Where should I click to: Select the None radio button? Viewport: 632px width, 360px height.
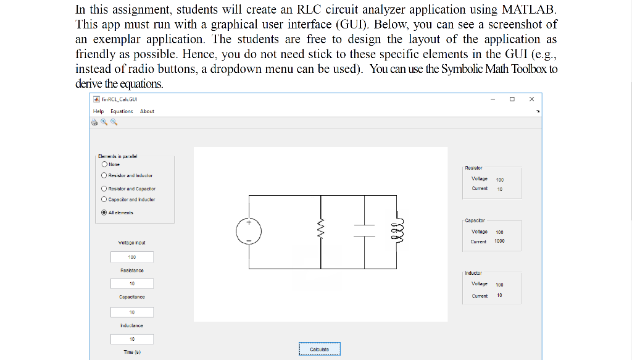point(104,165)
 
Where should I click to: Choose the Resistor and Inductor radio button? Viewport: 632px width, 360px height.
point(104,176)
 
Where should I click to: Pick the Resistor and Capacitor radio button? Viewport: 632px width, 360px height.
point(104,189)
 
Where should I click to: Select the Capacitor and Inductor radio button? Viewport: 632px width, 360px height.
point(104,199)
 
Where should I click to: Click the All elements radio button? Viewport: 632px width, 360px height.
point(104,212)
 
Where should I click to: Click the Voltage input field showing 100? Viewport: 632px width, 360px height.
point(132,257)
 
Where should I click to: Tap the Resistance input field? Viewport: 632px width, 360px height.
point(132,283)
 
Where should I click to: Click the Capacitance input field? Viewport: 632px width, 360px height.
point(132,312)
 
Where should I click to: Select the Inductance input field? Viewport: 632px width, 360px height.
point(132,339)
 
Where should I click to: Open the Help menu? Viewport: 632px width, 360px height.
point(98,111)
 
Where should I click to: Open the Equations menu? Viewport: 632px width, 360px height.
point(122,111)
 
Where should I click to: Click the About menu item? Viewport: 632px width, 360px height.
point(147,111)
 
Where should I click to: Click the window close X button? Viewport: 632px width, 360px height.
point(531,99)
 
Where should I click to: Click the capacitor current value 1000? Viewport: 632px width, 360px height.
point(499,241)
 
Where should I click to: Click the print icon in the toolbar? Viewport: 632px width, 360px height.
point(94,122)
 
